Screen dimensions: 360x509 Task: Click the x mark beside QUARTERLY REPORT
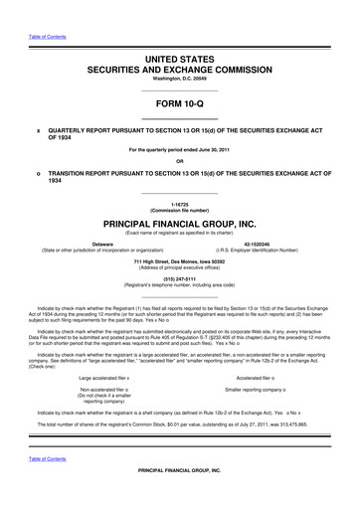click(x=38, y=128)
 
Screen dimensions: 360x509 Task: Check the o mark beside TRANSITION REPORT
click(x=38, y=171)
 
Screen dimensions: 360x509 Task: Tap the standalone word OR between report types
click(x=179, y=160)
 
